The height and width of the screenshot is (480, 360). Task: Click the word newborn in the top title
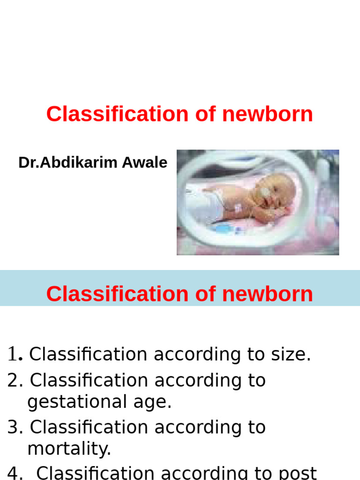click(x=267, y=114)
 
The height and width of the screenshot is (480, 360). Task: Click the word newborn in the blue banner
click(x=267, y=294)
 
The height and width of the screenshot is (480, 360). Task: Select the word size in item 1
click(x=294, y=355)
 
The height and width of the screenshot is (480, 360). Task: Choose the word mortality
click(x=68, y=449)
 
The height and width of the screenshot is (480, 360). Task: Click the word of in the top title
click(x=205, y=114)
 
